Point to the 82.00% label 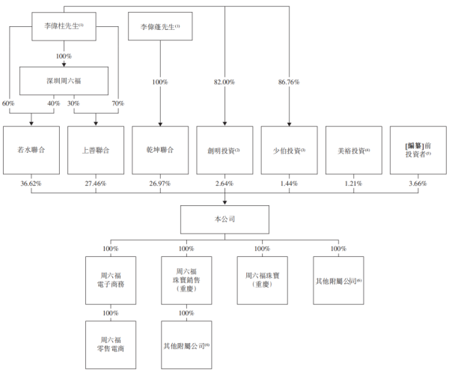(x=224, y=82)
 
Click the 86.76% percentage (x=289, y=82)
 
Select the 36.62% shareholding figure (x=31, y=184)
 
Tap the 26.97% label (x=160, y=184)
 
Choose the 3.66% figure (x=418, y=184)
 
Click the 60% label (x=8, y=103)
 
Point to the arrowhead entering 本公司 (x=224, y=203)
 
